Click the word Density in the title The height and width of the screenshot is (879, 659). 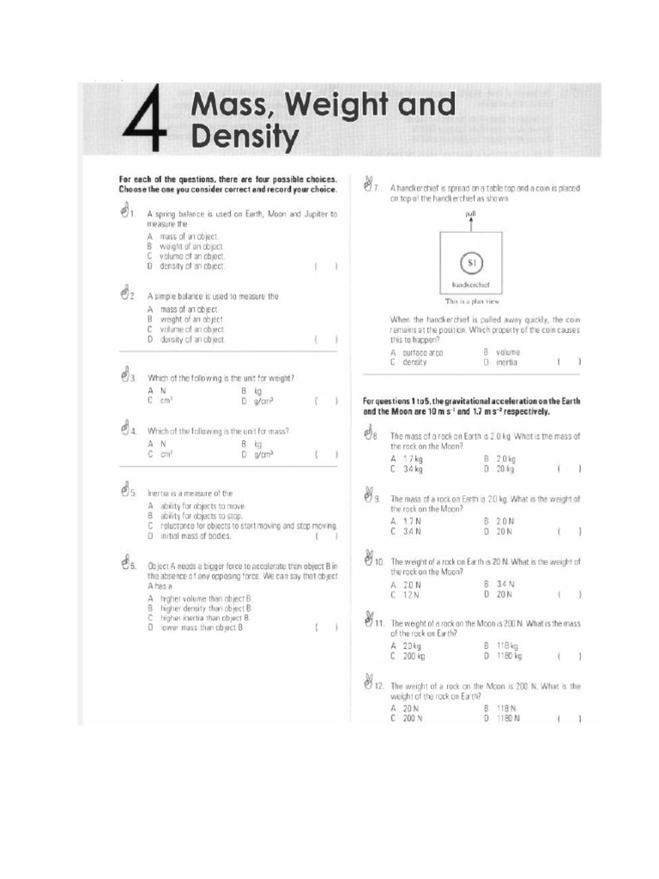click(x=245, y=136)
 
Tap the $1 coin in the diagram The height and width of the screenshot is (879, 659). click(x=471, y=262)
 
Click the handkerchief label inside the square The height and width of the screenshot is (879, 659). click(x=470, y=284)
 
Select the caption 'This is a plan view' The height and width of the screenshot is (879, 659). click(x=471, y=301)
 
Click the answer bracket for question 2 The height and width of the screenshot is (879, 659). click(x=325, y=339)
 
